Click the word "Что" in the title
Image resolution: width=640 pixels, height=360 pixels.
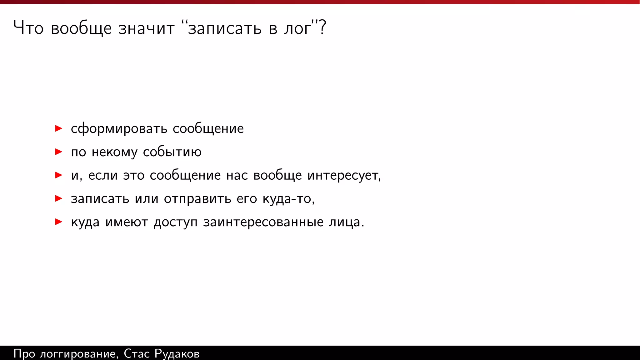(28, 28)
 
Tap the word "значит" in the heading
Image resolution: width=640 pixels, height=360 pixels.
(146, 28)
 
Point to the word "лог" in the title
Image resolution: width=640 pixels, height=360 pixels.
(297, 28)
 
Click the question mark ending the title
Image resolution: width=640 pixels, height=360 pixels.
(322, 27)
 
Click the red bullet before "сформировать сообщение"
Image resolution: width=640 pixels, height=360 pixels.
(58, 128)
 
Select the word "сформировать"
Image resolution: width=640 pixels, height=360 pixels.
(119, 129)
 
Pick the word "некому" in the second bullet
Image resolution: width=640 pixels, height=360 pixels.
(114, 152)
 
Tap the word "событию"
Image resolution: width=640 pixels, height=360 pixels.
(172, 152)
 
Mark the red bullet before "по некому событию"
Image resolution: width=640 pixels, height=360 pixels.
(58, 152)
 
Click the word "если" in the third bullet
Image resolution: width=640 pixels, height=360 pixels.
(103, 175)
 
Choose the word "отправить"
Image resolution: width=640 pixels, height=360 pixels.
(197, 199)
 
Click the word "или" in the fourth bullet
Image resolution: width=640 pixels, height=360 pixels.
(146, 199)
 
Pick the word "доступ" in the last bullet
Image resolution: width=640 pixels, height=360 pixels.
(175, 222)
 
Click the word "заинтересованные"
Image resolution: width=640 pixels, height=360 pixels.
(263, 222)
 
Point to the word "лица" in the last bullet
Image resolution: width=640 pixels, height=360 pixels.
(344, 222)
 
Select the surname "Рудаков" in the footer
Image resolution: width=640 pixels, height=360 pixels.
(177, 354)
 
